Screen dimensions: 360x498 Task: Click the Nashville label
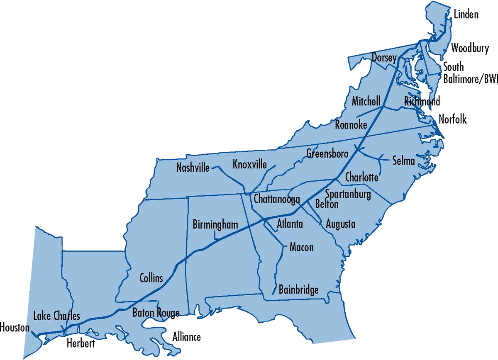pyautogui.click(x=193, y=168)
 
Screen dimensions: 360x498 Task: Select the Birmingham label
pyautogui.click(x=215, y=225)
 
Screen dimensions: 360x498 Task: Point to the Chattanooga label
pyautogui.click(x=277, y=199)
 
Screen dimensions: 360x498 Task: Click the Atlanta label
pyautogui.click(x=290, y=224)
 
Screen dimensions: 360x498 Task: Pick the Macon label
pyautogui.click(x=301, y=248)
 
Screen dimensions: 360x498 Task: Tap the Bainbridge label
pyautogui.click(x=298, y=289)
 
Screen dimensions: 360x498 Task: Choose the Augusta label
pyautogui.click(x=340, y=224)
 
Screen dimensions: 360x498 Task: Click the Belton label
pyautogui.click(x=327, y=204)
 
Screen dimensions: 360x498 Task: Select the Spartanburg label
pyautogui.click(x=348, y=194)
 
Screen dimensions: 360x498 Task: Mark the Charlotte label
pyautogui.click(x=361, y=178)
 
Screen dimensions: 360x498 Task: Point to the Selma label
pyautogui.click(x=403, y=161)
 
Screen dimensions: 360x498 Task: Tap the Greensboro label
pyautogui.click(x=327, y=153)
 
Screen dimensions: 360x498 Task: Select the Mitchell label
pyautogui.click(x=366, y=101)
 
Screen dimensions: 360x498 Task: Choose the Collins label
pyautogui.click(x=151, y=277)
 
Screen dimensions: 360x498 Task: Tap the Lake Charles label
pyautogui.click(x=56, y=316)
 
